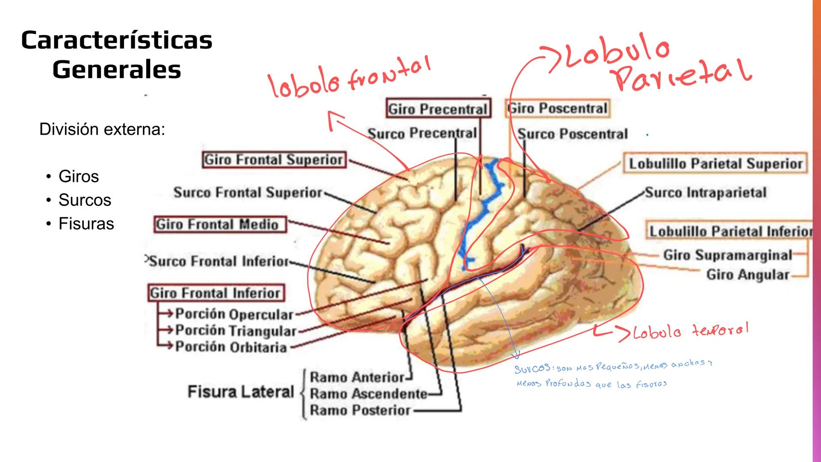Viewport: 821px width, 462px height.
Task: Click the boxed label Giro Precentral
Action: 438,109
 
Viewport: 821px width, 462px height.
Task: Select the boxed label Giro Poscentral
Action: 558,108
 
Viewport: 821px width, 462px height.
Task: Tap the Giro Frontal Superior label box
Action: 274,160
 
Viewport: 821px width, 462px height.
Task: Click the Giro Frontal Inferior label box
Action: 216,293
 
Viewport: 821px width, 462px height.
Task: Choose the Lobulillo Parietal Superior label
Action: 715,163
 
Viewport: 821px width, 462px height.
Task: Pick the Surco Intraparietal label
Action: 706,192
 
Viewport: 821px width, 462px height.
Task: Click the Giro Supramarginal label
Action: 727,255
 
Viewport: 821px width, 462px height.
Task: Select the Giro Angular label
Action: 747,274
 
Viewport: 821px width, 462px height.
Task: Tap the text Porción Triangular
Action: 236,330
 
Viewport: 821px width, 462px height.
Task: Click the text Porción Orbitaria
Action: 231,346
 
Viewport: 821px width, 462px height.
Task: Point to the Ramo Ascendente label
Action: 368,393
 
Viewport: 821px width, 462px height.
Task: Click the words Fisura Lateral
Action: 241,391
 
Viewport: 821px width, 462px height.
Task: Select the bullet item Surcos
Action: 85,200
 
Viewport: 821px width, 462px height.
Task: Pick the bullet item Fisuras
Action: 86,224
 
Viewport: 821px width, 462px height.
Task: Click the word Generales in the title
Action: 117,69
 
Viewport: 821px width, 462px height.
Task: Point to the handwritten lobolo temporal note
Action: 690,331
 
